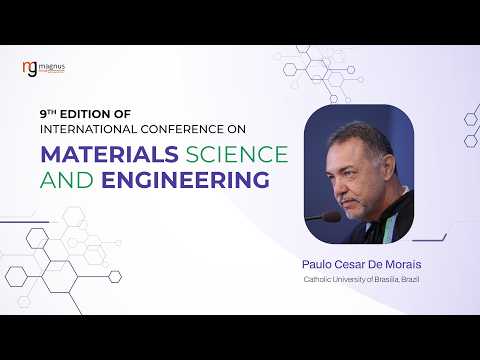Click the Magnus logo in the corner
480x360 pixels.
click(44, 69)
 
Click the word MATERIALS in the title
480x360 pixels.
click(109, 154)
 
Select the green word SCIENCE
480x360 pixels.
click(237, 154)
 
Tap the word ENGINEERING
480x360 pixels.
click(185, 180)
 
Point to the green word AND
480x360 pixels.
click(67, 180)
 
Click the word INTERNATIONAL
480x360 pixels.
click(88, 129)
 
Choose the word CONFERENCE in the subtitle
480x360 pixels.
click(182, 129)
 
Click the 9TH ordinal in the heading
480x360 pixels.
click(48, 114)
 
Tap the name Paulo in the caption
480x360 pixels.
click(317, 264)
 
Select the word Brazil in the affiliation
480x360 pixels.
click(410, 279)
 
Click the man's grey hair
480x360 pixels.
click(363, 138)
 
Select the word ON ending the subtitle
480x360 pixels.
click(237, 129)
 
